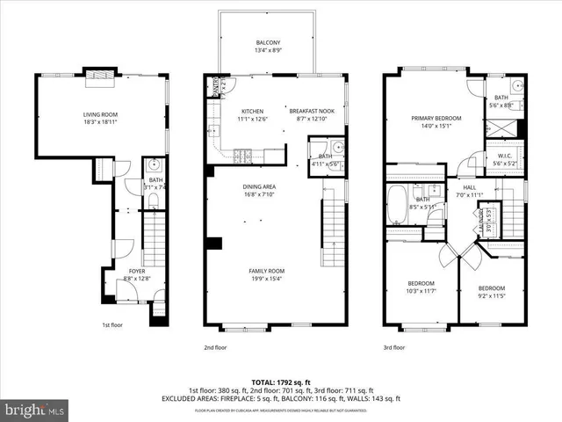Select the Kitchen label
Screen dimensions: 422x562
click(252, 111)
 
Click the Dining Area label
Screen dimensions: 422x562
click(260, 186)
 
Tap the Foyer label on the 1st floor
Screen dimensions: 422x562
click(136, 271)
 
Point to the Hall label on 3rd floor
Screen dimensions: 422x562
click(470, 187)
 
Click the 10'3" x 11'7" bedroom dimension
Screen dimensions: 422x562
click(421, 291)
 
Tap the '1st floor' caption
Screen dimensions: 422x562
click(111, 324)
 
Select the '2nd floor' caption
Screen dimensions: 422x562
click(215, 347)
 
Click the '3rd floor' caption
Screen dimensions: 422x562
click(393, 347)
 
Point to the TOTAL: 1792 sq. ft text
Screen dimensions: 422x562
click(280, 382)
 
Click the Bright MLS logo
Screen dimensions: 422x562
click(35, 410)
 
